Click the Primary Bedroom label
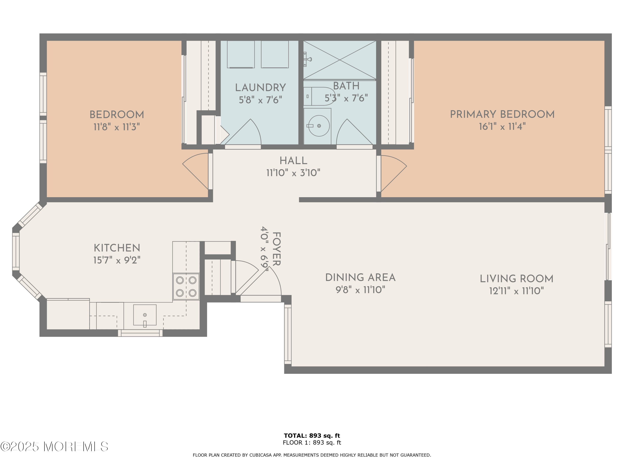pyautogui.click(x=502, y=115)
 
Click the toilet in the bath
pyautogui.click(x=319, y=96)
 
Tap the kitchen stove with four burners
pyautogui.click(x=186, y=286)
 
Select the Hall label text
pyautogui.click(x=293, y=161)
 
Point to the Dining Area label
pyautogui.click(x=360, y=278)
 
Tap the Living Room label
pyautogui.click(x=516, y=279)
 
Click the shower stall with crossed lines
pyautogui.click(x=340, y=60)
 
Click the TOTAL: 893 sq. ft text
pyautogui.click(x=312, y=436)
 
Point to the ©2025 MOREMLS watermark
pyautogui.click(x=54, y=447)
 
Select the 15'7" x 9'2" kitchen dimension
pyautogui.click(x=116, y=260)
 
